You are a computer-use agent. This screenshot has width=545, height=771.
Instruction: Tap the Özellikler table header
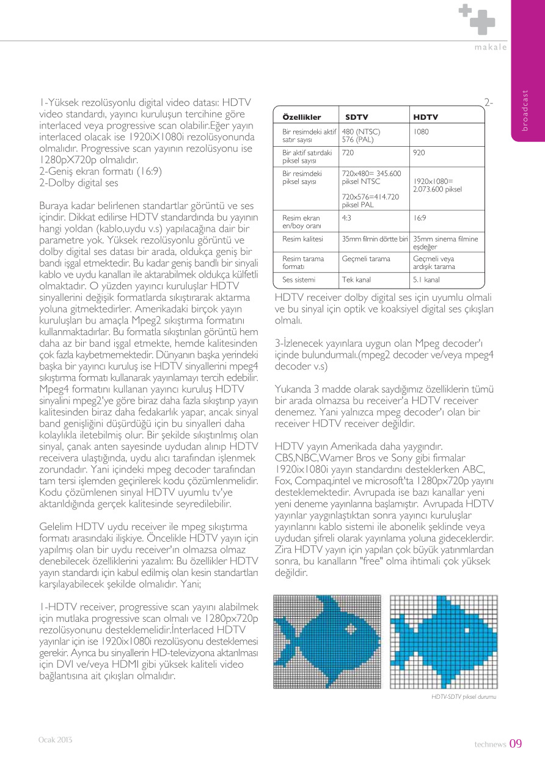pos(301,116)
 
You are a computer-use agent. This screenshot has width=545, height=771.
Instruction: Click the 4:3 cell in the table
pos(346,218)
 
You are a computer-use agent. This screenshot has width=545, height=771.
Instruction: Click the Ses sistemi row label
pos(299,280)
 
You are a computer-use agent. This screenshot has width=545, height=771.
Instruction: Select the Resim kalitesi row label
pos(302,238)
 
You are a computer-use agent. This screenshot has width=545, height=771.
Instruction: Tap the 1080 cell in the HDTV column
pos(420,131)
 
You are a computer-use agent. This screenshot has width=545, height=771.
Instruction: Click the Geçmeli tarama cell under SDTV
pos(366,259)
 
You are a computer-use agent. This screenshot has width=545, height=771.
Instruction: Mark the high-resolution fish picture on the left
pos(327,641)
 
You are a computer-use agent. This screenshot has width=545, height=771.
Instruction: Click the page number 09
pos(516,743)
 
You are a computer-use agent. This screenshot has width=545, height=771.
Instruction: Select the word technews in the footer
pos(491,745)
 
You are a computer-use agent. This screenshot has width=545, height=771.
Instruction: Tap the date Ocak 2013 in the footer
pos(56,740)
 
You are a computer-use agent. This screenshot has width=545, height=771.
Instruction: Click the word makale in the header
pos(491,48)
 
